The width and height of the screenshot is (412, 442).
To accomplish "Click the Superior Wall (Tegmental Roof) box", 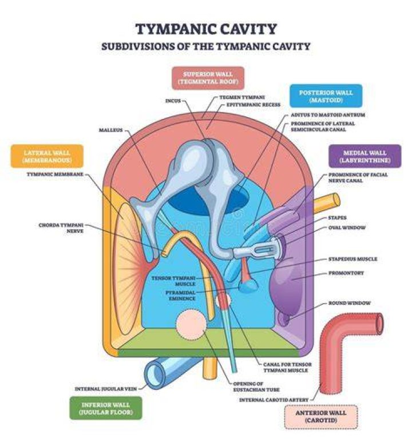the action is (x=208, y=78).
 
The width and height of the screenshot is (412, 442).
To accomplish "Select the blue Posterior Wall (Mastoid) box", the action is (x=326, y=96).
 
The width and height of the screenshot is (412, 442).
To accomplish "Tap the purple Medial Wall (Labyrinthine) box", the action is (x=365, y=156).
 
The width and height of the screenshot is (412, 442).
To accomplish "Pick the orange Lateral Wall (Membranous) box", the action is (x=47, y=156).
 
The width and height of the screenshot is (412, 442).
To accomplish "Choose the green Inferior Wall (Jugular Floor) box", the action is (x=105, y=408).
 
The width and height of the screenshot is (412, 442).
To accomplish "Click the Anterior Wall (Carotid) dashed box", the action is (x=321, y=417).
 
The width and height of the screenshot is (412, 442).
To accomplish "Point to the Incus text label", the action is (x=173, y=101).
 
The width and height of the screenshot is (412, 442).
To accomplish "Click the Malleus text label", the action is (x=111, y=130).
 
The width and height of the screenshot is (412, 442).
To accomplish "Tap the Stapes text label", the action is (x=338, y=218).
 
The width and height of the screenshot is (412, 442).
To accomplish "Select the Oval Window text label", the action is (x=347, y=228).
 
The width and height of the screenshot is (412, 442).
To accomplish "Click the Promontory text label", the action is (x=346, y=273).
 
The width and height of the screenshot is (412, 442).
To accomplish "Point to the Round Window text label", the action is (x=350, y=303).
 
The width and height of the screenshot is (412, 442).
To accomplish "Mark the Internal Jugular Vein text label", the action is (x=106, y=389).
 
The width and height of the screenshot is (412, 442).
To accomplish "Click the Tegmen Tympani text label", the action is (x=242, y=97).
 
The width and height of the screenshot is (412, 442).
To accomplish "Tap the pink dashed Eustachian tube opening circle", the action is (x=191, y=324).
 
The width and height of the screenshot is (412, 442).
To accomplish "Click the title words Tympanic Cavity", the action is (x=206, y=29).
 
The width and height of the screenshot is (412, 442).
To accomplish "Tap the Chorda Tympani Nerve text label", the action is (x=61, y=228).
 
